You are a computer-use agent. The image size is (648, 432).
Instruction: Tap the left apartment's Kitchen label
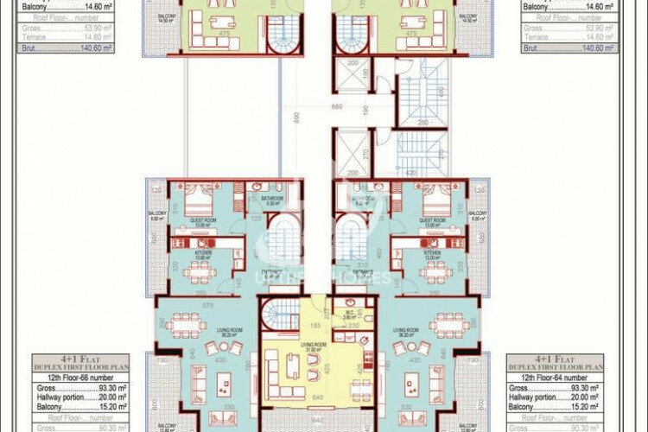tap(202, 254)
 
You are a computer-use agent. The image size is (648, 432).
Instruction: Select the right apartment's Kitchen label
tap(431, 254)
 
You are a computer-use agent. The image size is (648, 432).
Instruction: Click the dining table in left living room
tap(187, 326)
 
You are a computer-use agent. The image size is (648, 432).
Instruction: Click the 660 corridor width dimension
tap(338, 107)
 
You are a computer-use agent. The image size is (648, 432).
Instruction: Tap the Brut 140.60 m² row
tap(570, 48)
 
